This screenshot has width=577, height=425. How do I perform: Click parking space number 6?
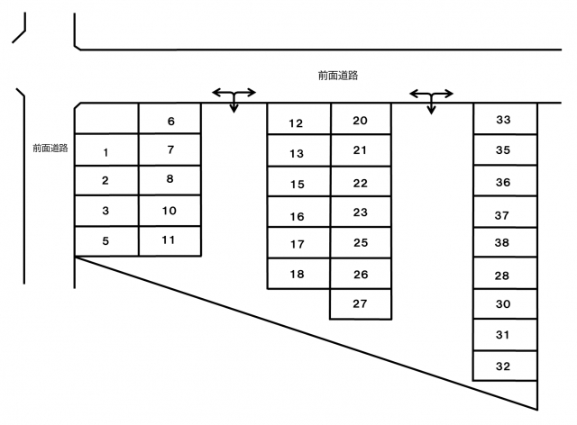pos(169,118)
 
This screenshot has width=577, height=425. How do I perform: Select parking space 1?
pos(106,149)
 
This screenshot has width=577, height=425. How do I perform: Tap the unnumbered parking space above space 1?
pos(106,118)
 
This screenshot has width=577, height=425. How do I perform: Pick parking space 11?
pos(169,240)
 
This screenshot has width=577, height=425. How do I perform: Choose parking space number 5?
pos(106,240)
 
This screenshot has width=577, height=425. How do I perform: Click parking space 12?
pos(299,119)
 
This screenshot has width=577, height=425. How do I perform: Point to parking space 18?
pos(298,274)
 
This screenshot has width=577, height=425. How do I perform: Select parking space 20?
pos(361,119)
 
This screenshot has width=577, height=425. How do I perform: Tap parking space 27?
pos(361,304)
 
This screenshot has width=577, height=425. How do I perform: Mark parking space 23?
pos(361,212)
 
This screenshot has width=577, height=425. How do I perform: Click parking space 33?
pos(505,119)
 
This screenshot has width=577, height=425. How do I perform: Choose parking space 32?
pos(505,366)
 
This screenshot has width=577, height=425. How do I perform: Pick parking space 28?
pos(505,274)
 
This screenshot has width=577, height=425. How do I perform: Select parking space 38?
pos(505,242)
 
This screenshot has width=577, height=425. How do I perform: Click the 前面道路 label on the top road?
pos(338,76)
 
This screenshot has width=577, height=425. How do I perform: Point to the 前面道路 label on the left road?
pos(50,149)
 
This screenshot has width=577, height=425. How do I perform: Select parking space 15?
pos(299,182)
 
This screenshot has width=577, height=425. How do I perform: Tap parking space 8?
pos(169,180)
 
